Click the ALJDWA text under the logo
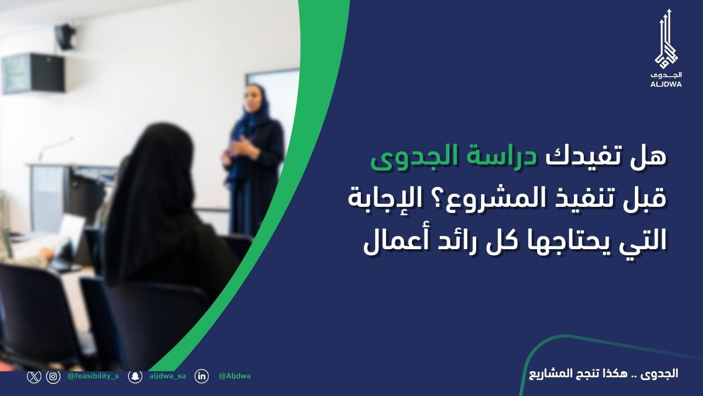click(666, 84)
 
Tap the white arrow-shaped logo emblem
click(666, 38)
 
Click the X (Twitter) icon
click(34, 376)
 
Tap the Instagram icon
click(53, 377)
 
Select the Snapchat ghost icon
click(135, 377)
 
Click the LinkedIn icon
click(202, 377)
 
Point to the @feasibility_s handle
click(93, 376)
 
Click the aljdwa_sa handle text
click(168, 376)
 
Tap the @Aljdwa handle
click(235, 376)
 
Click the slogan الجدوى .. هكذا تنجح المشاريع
click(604, 374)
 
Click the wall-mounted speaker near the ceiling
click(65, 37)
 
